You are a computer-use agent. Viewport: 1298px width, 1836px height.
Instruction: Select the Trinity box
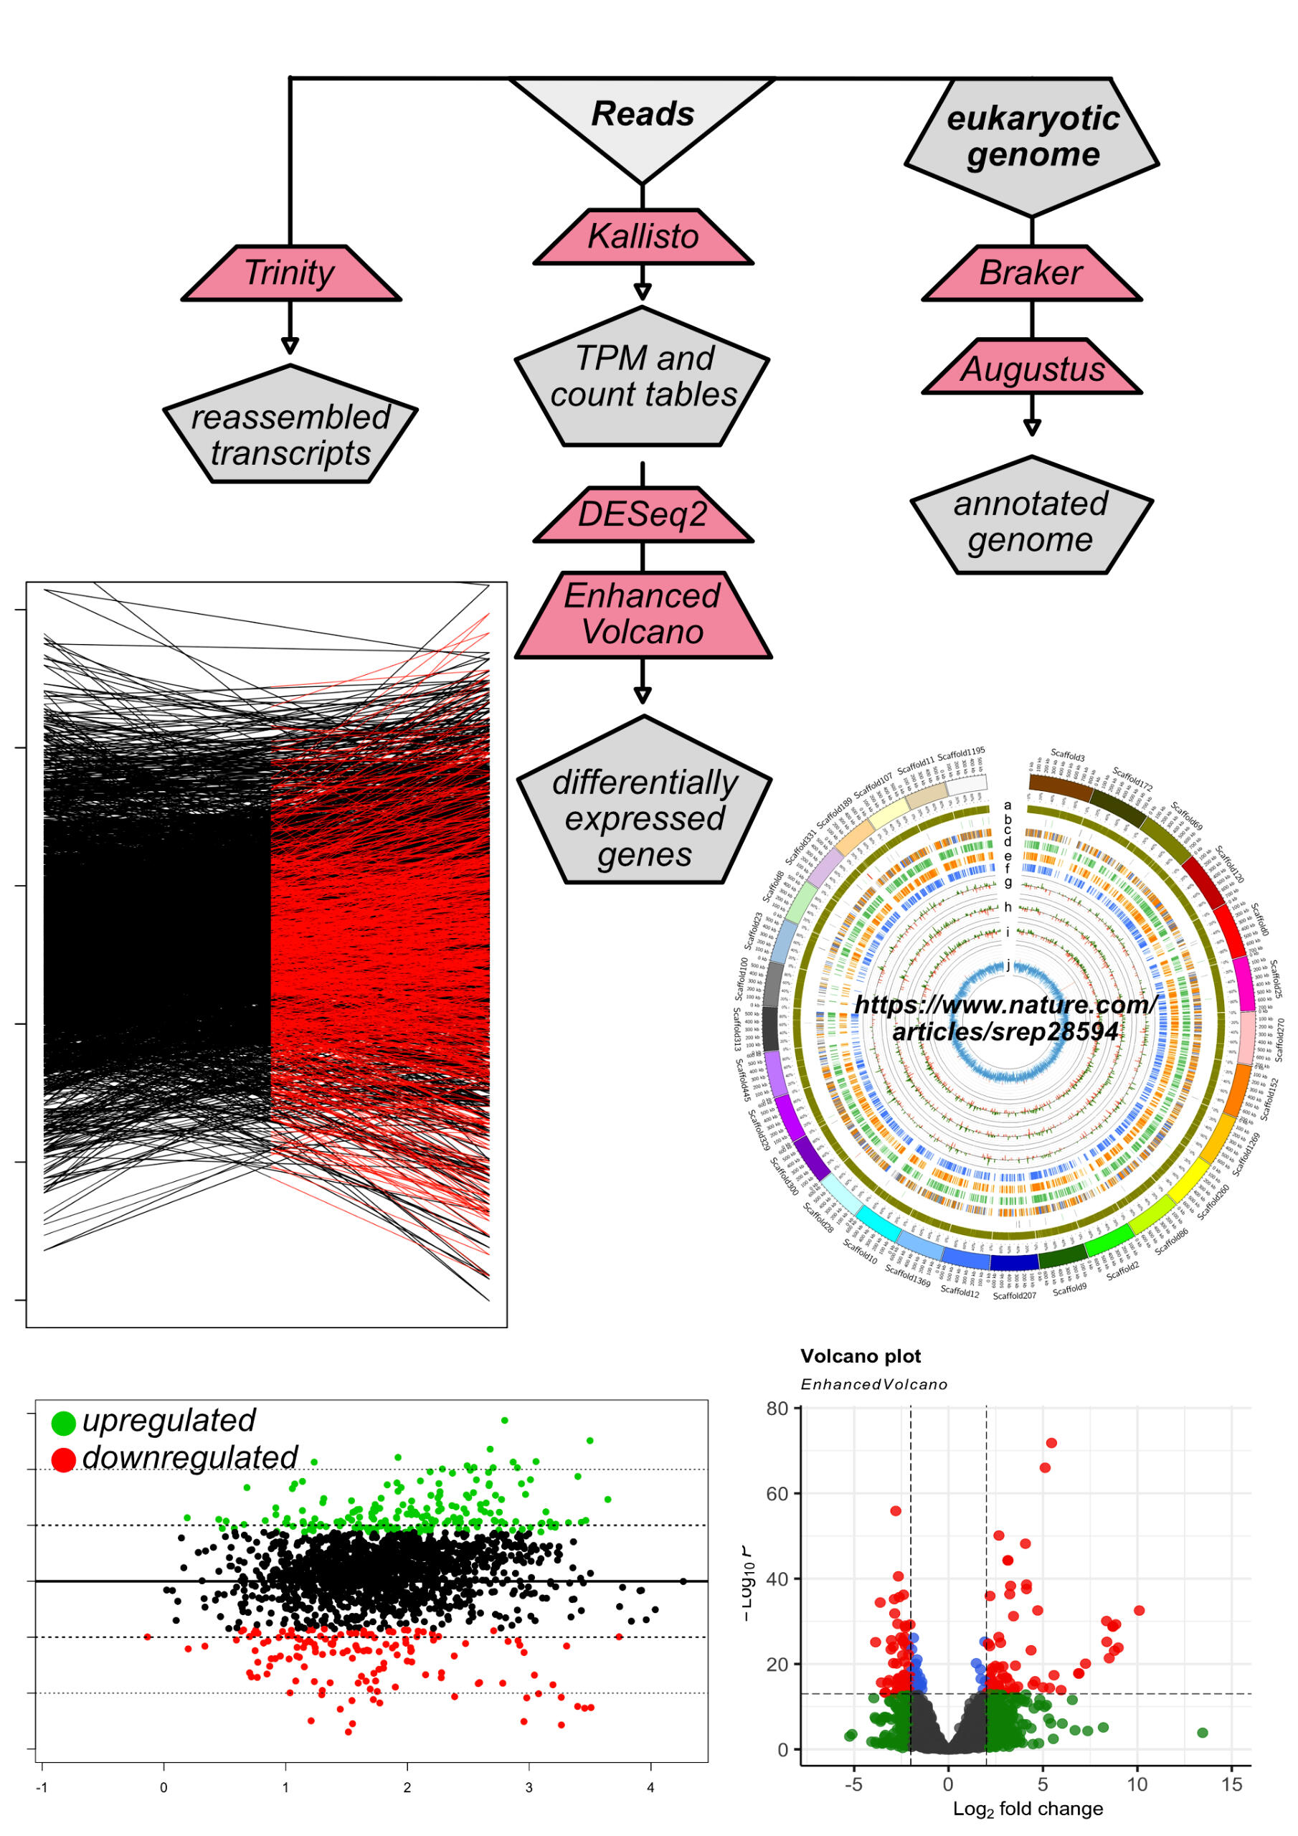[x=290, y=273]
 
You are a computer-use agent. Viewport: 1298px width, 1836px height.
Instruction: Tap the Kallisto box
[x=643, y=237]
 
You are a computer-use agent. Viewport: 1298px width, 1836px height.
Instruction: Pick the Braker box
[x=1031, y=273]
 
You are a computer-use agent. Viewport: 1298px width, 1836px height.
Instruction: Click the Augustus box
[x=1032, y=369]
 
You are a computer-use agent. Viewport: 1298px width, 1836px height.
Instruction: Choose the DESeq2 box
[x=643, y=514]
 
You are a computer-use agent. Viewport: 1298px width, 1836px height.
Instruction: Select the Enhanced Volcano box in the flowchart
[x=643, y=614]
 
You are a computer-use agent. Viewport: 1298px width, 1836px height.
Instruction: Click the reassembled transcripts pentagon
[x=290, y=434]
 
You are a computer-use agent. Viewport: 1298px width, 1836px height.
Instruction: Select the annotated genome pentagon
[x=1031, y=521]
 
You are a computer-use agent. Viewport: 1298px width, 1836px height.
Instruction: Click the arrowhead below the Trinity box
[x=290, y=346]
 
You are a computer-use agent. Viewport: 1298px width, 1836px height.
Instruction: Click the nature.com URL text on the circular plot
[x=1005, y=1017]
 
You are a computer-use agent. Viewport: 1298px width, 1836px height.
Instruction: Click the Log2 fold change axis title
[x=1028, y=1809]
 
